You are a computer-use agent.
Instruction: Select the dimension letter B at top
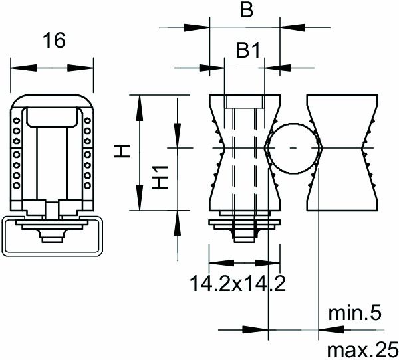[245, 11]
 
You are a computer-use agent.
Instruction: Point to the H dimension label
[120, 152]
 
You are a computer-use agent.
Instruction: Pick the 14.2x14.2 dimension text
[237, 284]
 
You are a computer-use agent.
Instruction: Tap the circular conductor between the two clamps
[293, 147]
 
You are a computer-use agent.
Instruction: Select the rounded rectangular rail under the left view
[51, 237]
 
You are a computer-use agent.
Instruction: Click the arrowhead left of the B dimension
[199, 27]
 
